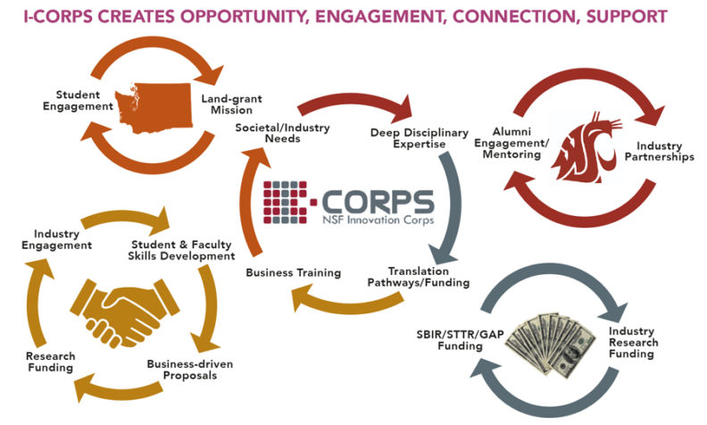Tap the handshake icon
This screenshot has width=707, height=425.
tap(125, 304)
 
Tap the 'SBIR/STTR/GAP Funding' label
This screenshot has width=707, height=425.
tap(448, 341)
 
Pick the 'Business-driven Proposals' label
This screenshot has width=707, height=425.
tap(189, 370)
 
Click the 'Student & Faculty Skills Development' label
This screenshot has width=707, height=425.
tap(182, 249)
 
